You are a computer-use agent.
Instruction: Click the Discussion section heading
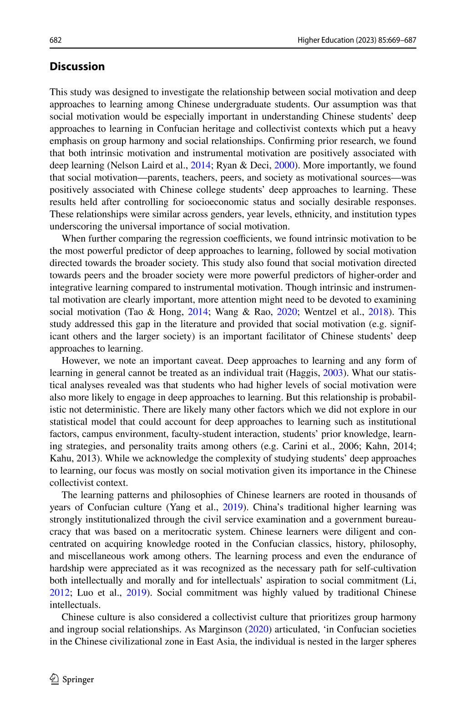pyautogui.click(x=77, y=67)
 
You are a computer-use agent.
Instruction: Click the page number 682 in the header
pyautogui.click(x=55, y=40)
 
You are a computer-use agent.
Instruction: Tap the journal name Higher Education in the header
pyautogui.click(x=322, y=40)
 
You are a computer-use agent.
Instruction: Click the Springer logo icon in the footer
pyautogui.click(x=55, y=679)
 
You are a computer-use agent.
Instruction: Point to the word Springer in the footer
pyautogui.click(x=78, y=680)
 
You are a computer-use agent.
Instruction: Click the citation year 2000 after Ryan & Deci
pyautogui.click(x=284, y=165)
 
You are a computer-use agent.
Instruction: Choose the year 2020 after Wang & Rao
pyautogui.click(x=288, y=312)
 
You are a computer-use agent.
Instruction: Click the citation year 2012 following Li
pyautogui.click(x=59, y=593)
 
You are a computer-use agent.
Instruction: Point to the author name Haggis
pyautogui.click(x=305, y=373)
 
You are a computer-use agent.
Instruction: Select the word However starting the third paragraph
pyautogui.click(x=78, y=361)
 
